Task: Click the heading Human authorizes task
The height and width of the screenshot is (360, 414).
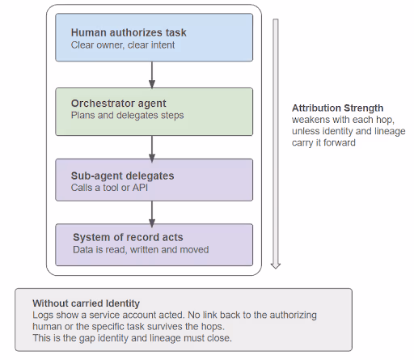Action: (129, 32)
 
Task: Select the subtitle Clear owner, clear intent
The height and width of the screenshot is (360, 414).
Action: (123, 45)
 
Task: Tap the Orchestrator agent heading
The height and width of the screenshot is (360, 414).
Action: (119, 104)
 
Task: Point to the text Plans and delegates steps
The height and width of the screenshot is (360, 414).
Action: (127, 116)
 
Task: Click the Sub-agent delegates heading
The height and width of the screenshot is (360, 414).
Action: (122, 176)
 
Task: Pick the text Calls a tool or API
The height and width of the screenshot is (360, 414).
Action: (109, 188)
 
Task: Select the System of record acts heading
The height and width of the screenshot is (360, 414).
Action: (128, 237)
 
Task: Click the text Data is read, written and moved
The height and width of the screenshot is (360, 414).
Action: (141, 250)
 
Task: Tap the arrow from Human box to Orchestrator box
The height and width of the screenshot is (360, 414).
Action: (152, 74)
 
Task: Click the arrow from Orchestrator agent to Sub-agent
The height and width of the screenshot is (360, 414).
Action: (152, 149)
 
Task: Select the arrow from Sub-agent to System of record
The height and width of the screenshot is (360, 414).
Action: (152, 214)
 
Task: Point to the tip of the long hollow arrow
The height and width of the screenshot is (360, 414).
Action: (276, 269)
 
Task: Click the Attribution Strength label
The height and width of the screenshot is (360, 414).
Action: (337, 108)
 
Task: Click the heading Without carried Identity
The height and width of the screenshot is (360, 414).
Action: (86, 303)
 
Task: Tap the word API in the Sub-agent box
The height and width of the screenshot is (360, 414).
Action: (140, 188)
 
